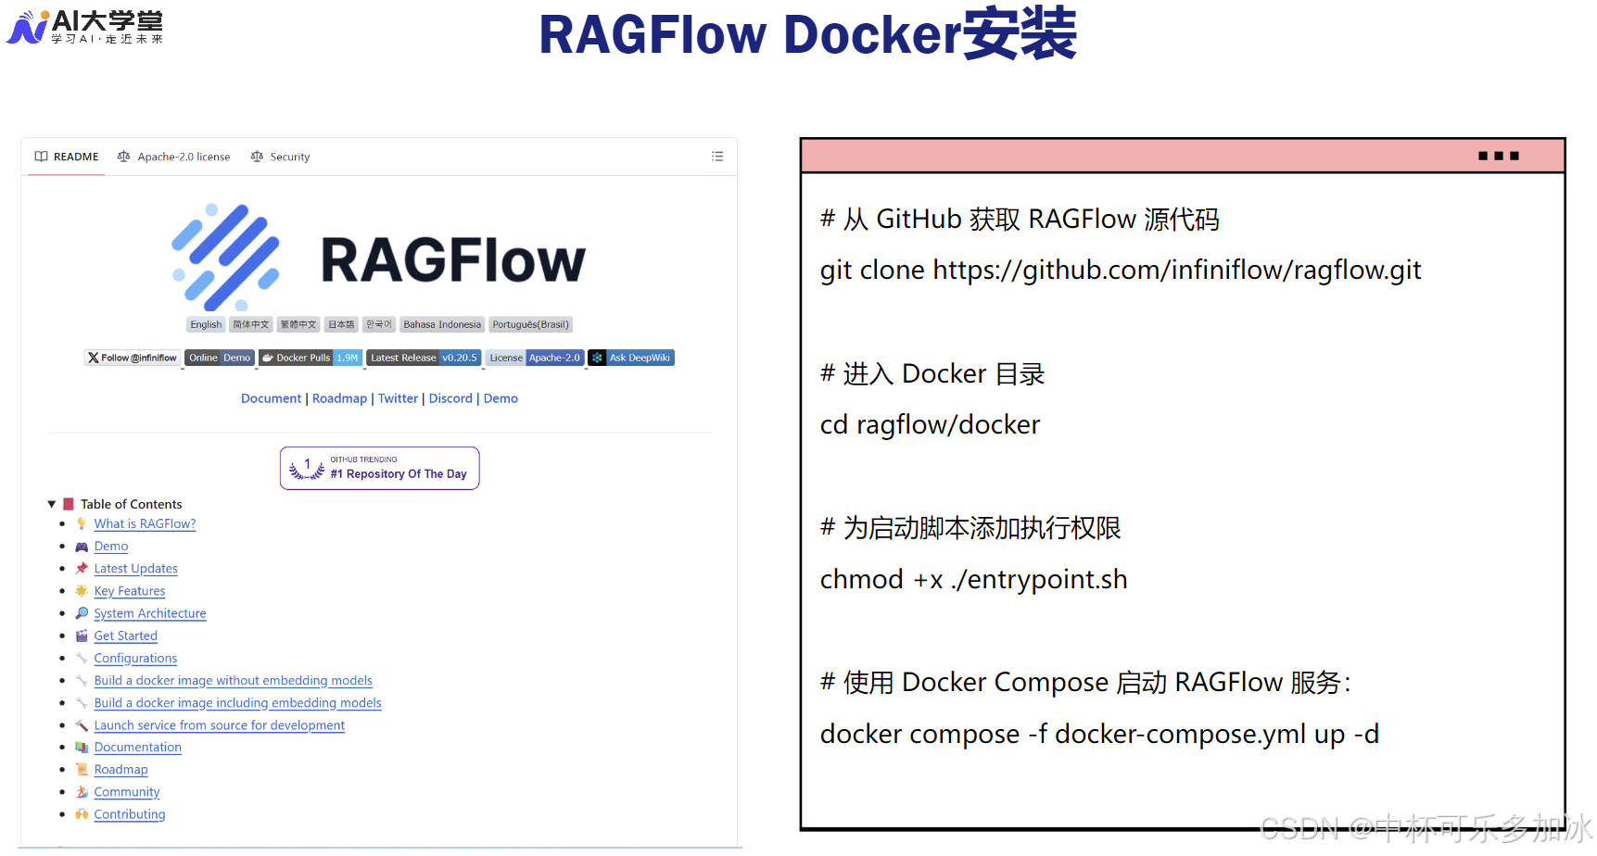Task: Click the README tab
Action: (x=67, y=157)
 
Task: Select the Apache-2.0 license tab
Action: (x=174, y=157)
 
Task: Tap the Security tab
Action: (x=281, y=157)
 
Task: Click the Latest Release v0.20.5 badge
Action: (x=424, y=358)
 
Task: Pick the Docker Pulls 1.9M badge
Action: (x=311, y=358)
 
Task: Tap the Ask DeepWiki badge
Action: (x=631, y=358)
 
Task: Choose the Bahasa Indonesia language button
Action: (x=442, y=324)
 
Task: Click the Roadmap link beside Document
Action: (x=339, y=398)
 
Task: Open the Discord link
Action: (x=450, y=398)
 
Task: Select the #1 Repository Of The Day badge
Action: (x=380, y=468)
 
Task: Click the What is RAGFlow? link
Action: (x=145, y=523)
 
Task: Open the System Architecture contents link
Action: (x=150, y=613)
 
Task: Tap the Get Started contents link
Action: (x=125, y=636)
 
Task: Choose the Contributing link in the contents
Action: (x=130, y=814)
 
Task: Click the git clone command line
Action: (x=1120, y=270)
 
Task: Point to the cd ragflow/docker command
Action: (x=930, y=424)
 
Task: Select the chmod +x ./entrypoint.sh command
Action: (x=973, y=579)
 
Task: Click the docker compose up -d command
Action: (x=1099, y=734)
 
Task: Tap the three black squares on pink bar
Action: (x=1499, y=156)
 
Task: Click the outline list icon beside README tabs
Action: (x=717, y=157)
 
